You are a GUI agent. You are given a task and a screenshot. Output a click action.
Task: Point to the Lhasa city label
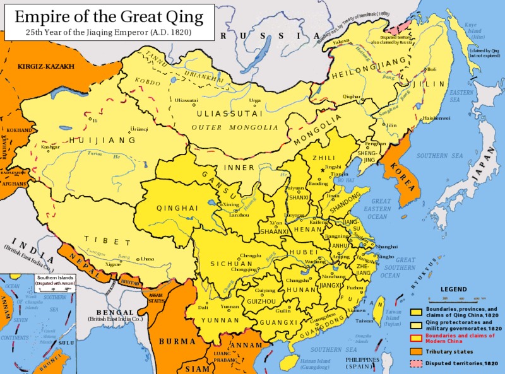click(x=148, y=259)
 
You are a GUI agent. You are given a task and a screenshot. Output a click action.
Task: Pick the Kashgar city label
click(x=50, y=146)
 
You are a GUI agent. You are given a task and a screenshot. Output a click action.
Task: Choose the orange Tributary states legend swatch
click(x=416, y=351)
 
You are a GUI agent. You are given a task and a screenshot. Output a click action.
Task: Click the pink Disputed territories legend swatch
click(x=416, y=364)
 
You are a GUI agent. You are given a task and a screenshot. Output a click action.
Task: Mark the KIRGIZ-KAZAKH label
click(x=46, y=66)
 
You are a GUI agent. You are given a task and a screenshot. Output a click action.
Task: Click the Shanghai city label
click(x=386, y=247)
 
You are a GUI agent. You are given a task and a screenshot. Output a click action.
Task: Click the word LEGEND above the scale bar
click(x=453, y=289)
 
